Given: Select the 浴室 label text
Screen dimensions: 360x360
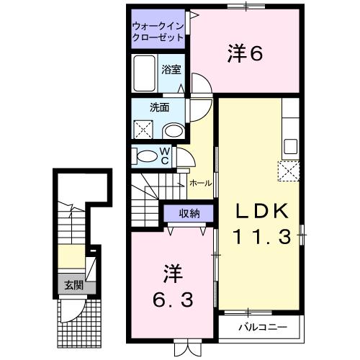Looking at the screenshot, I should [171, 71].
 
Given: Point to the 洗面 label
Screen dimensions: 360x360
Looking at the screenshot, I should [159, 108].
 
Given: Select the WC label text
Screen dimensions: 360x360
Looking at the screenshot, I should [164, 156].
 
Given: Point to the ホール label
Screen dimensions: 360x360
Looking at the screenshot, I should [199, 184].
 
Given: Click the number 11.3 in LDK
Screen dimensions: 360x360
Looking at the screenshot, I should [262, 235].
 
